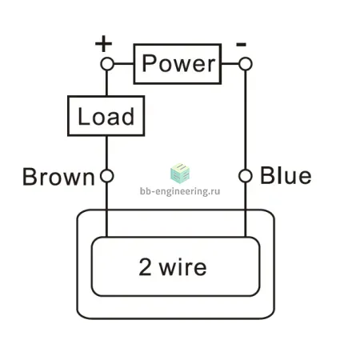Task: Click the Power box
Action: click(x=178, y=64)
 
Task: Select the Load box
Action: click(x=106, y=116)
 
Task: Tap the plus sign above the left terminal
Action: click(x=103, y=43)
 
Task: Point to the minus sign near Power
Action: click(x=241, y=44)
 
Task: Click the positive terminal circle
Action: click(x=107, y=64)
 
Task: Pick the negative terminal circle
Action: click(x=246, y=64)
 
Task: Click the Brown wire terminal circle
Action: click(x=107, y=176)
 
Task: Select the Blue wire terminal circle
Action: click(x=246, y=176)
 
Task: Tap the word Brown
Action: click(x=58, y=177)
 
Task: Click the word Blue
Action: click(x=286, y=175)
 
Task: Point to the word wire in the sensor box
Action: click(x=183, y=267)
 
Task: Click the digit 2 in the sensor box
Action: click(x=146, y=266)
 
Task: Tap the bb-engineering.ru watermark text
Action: click(x=180, y=191)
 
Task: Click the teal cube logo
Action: click(x=180, y=174)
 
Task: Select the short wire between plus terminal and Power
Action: click(x=124, y=64)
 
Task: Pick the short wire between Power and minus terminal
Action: click(x=230, y=64)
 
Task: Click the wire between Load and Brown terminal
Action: click(x=107, y=153)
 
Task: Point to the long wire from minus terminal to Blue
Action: click(x=246, y=120)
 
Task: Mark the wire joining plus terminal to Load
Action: click(x=107, y=83)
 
